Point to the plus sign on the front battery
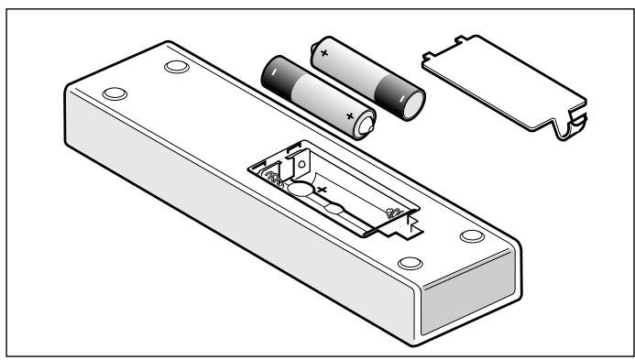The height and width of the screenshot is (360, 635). pyautogui.click(x=349, y=116)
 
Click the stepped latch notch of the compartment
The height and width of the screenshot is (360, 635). pyautogui.click(x=410, y=225)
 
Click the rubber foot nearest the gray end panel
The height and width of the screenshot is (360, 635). pyautogui.click(x=470, y=236)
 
